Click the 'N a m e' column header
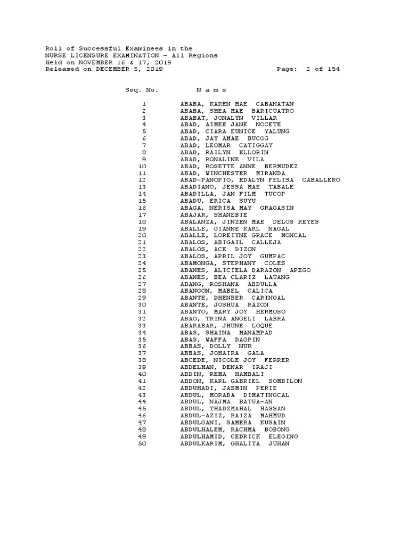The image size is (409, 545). click(x=211, y=90)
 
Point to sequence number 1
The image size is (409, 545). click(x=144, y=104)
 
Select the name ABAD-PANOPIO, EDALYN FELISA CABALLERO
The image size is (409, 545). click(x=260, y=180)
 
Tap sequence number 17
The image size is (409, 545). click(x=142, y=214)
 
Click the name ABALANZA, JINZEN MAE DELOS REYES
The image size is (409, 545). click(x=249, y=221)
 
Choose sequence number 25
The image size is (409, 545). click(x=142, y=270)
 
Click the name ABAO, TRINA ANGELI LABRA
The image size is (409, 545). click(x=233, y=318)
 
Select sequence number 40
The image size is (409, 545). click(x=142, y=374)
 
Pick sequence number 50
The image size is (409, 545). click(x=142, y=443)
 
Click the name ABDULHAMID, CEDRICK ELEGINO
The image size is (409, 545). click(x=239, y=436)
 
